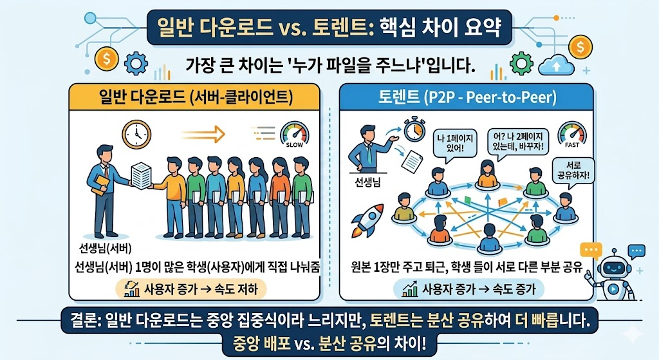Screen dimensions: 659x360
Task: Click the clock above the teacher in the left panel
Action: (x=135, y=134)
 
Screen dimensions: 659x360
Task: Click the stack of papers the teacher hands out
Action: (x=141, y=175)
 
